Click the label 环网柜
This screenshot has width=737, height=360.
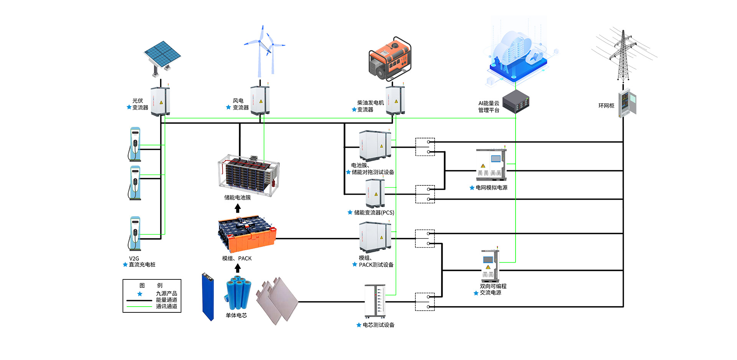click(606, 106)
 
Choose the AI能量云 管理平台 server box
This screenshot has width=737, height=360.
click(516, 102)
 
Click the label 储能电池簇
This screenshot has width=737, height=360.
click(237, 198)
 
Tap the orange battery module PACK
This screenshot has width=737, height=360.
click(247, 233)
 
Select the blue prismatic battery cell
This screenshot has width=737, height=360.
click(208, 296)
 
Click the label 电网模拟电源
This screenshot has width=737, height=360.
click(491, 188)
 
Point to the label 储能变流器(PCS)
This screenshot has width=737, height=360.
click(374, 213)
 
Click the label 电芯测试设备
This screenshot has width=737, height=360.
click(378, 325)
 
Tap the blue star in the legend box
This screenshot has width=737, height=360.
click(140, 294)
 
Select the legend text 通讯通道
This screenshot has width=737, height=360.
click(166, 306)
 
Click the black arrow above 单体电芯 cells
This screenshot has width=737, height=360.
click(238, 268)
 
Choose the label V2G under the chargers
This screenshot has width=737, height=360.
click(134, 258)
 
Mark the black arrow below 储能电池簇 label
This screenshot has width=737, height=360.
click(238, 208)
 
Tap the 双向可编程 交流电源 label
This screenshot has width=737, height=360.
click(493, 289)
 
